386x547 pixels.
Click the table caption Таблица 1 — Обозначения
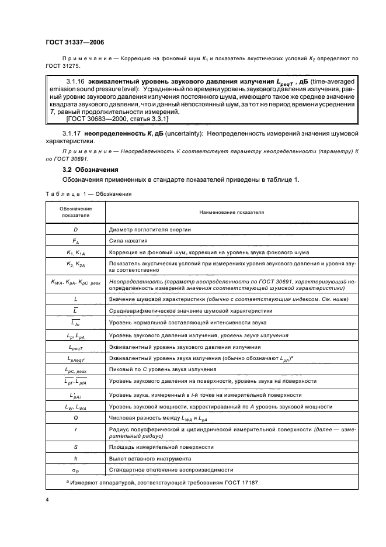tap(88, 193)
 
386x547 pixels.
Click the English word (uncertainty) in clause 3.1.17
tap(166, 133)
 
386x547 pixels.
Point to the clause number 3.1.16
tap(76, 81)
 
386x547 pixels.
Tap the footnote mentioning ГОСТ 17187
tap(158, 482)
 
